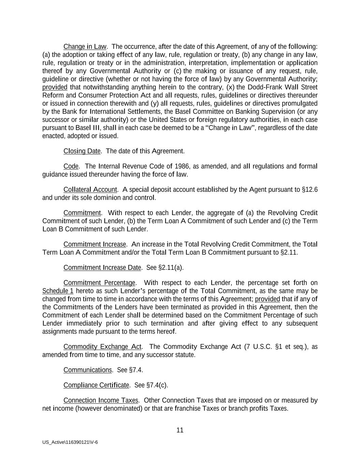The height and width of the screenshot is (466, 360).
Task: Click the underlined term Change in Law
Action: pos(85,46)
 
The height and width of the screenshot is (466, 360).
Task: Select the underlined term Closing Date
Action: pos(82,151)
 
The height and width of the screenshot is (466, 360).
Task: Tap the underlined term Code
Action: pos(71,166)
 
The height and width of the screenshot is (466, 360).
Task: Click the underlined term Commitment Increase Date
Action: pos(102,267)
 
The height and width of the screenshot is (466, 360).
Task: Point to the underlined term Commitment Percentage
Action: pos(99,283)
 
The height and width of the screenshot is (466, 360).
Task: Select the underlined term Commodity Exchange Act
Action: pos(102,347)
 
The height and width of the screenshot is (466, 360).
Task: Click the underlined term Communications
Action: pos(87,370)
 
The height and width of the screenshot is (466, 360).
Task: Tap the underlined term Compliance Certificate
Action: pos(96,385)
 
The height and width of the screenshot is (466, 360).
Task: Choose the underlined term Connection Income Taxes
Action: pos(101,400)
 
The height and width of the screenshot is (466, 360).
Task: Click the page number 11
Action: pos(180,430)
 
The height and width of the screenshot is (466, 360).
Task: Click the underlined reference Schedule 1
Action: pos(58,291)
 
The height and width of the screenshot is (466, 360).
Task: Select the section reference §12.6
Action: pos(310,189)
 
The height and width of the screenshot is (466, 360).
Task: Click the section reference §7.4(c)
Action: pos(157,385)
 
